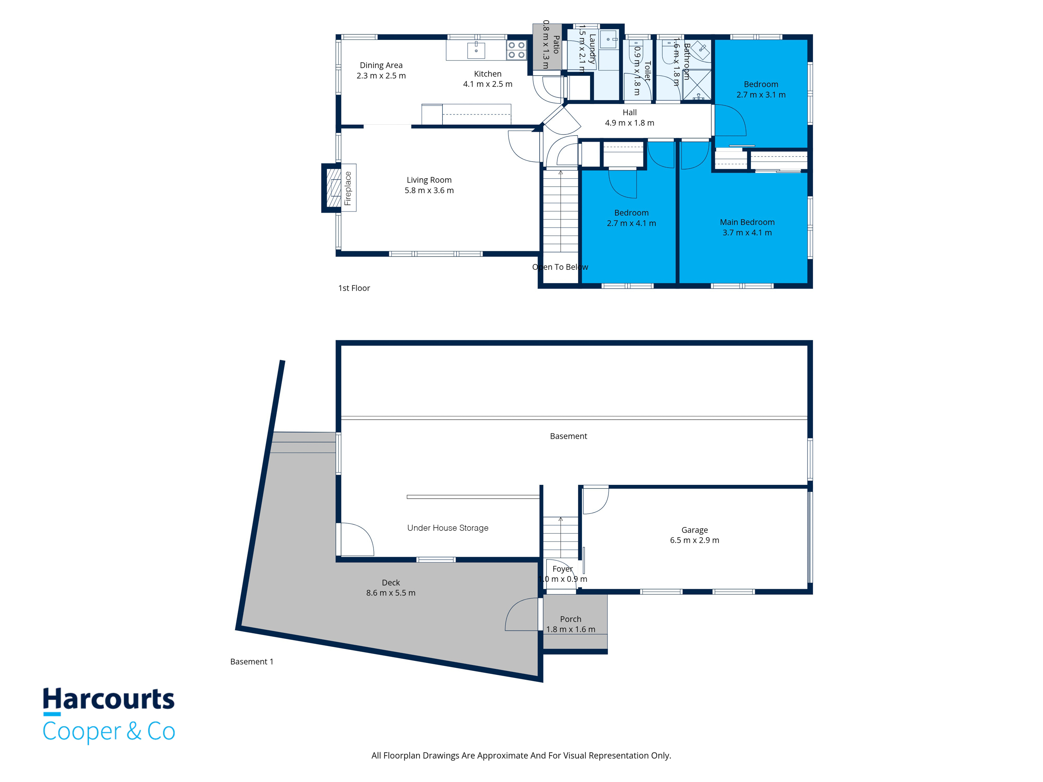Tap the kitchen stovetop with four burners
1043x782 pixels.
(x=516, y=50)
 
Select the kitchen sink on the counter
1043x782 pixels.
(x=476, y=50)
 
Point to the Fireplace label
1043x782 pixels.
(x=348, y=188)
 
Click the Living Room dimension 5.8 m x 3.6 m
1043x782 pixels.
(x=429, y=190)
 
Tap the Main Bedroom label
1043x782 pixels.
(x=747, y=222)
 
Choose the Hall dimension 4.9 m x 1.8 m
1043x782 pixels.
(x=630, y=123)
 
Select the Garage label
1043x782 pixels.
(x=695, y=530)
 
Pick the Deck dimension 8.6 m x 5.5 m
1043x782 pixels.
(x=391, y=593)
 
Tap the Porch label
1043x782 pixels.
(x=571, y=619)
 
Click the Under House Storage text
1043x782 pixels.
(x=448, y=528)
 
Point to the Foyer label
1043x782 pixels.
(x=562, y=569)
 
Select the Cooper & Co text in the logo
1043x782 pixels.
(x=109, y=731)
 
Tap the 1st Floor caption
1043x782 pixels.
(x=354, y=288)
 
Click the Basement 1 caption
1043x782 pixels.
(x=252, y=662)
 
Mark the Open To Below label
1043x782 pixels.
(x=560, y=267)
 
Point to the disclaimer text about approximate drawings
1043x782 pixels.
(x=521, y=755)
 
